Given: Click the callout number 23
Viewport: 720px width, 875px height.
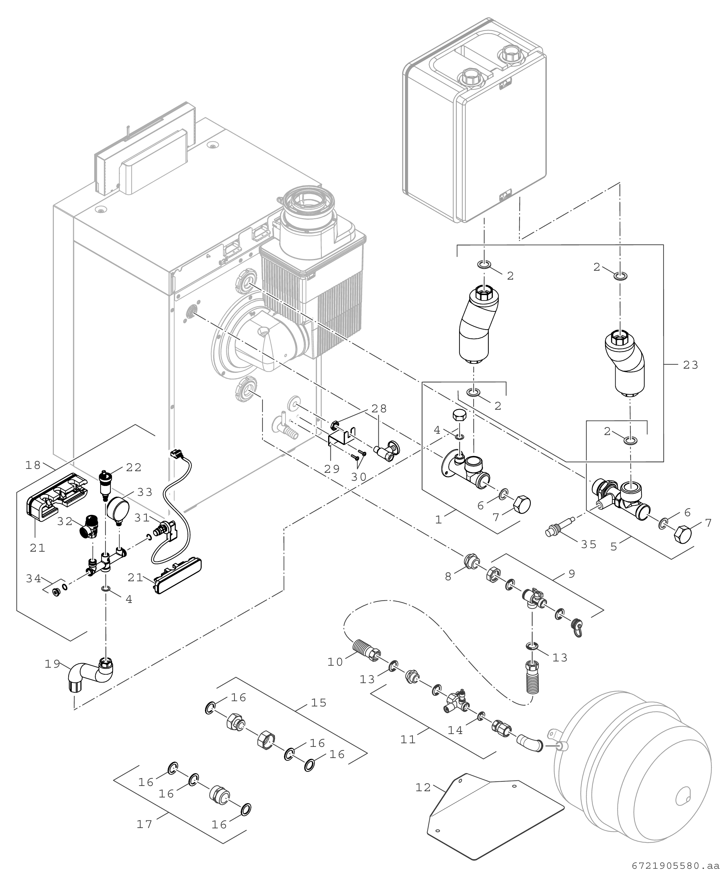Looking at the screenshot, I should pos(690,365).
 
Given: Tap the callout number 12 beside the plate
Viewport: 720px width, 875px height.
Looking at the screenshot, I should pos(423,788).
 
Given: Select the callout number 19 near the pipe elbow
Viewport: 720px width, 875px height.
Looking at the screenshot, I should pos(53,664).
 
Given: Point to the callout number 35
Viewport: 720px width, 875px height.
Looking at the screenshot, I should pos(589,544).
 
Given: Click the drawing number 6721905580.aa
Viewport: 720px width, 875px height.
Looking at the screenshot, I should pos(675,866).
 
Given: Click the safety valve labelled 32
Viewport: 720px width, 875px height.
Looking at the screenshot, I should pos(89,527).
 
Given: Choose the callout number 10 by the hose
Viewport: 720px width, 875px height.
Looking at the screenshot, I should pos(335,662).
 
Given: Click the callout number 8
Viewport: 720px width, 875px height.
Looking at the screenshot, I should pos(448,577).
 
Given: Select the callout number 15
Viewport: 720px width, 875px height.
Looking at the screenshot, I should pos(319,703).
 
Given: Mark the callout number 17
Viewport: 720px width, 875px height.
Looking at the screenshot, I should pos(145,824).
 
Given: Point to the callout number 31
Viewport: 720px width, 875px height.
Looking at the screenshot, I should pos(142,518).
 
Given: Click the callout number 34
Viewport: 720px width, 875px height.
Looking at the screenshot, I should pos(33,578).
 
